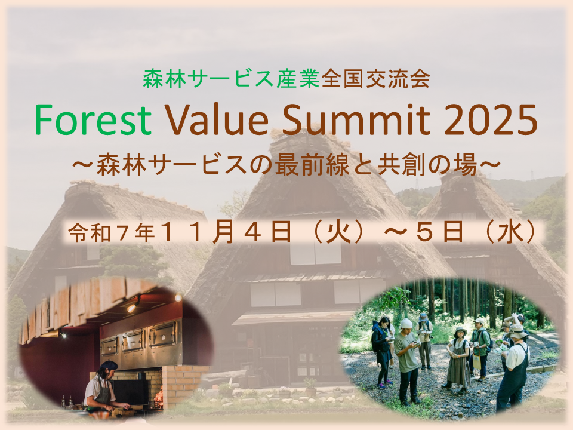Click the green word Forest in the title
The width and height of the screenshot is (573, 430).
(x=93, y=120)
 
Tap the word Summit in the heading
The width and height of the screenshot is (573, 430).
(x=356, y=120)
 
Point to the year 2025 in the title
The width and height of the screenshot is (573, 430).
(x=491, y=120)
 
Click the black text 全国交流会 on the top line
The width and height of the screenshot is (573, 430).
(x=375, y=79)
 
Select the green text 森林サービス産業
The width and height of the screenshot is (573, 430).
(x=232, y=79)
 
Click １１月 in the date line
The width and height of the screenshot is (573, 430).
(x=196, y=232)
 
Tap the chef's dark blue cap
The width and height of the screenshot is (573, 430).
(x=109, y=365)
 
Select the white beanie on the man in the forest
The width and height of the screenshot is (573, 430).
(x=406, y=324)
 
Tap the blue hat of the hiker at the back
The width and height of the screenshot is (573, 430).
(x=423, y=316)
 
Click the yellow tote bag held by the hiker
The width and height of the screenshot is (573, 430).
(x=478, y=362)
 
